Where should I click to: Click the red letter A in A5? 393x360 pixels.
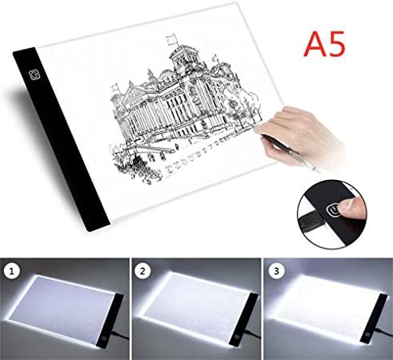(x=316, y=43)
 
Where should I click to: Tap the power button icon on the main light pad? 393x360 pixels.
(x=34, y=75)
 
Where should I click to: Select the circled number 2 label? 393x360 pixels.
(x=142, y=271)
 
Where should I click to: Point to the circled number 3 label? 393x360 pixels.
(x=276, y=271)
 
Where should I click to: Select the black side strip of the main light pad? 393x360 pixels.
(x=61, y=138)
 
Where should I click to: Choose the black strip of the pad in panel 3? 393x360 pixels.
(x=374, y=318)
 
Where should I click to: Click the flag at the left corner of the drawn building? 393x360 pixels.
(x=115, y=87)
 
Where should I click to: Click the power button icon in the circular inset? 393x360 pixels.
(x=332, y=210)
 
